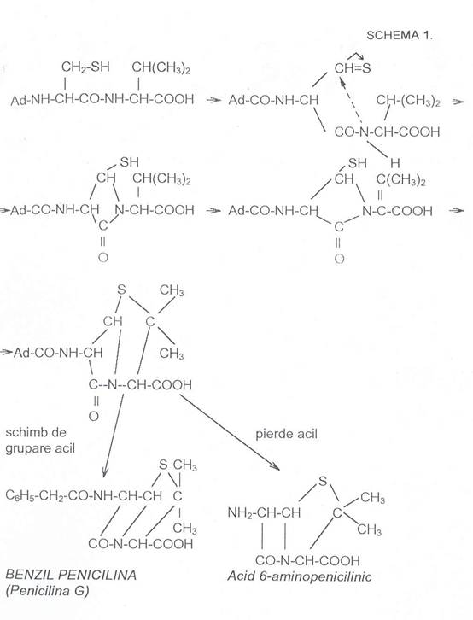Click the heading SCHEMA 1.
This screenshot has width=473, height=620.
400,36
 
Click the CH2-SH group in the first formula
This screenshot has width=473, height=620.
85,67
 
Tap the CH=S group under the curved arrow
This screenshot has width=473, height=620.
353,68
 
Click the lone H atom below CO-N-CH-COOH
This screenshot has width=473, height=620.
394,163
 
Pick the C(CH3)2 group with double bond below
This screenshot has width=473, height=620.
400,181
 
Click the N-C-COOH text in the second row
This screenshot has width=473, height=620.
397,211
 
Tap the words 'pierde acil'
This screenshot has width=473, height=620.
286,434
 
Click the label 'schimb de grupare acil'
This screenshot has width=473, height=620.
40,441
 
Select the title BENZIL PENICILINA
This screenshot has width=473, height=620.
71,575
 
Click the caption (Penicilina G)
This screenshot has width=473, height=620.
48,591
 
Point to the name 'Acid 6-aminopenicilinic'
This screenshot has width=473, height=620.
299,576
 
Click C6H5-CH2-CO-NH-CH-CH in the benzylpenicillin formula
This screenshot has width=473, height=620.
84,495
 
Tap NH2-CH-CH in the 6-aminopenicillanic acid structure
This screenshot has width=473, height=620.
264,513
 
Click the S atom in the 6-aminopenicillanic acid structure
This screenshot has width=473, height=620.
323,481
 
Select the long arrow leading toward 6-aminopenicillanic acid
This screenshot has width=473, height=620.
229,431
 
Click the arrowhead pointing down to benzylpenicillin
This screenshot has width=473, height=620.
105,471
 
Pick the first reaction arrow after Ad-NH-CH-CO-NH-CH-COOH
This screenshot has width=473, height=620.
213,101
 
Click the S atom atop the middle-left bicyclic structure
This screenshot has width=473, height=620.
121,290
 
